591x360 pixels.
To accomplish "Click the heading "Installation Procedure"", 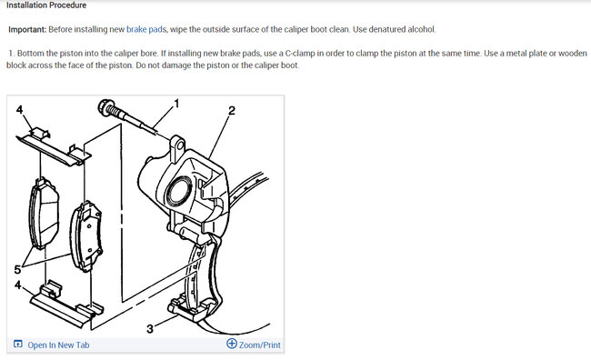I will (x=46, y=5).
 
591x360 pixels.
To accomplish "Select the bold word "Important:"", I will (x=32, y=30).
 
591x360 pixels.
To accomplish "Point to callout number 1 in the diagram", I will (x=176, y=103).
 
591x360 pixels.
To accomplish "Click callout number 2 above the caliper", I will (x=232, y=111).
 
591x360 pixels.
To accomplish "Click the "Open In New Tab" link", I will (x=58, y=345).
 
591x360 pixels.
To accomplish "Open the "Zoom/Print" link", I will (x=260, y=345).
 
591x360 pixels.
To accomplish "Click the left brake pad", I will (x=43, y=212).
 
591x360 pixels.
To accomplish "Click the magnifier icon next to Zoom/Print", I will (x=232, y=345).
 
